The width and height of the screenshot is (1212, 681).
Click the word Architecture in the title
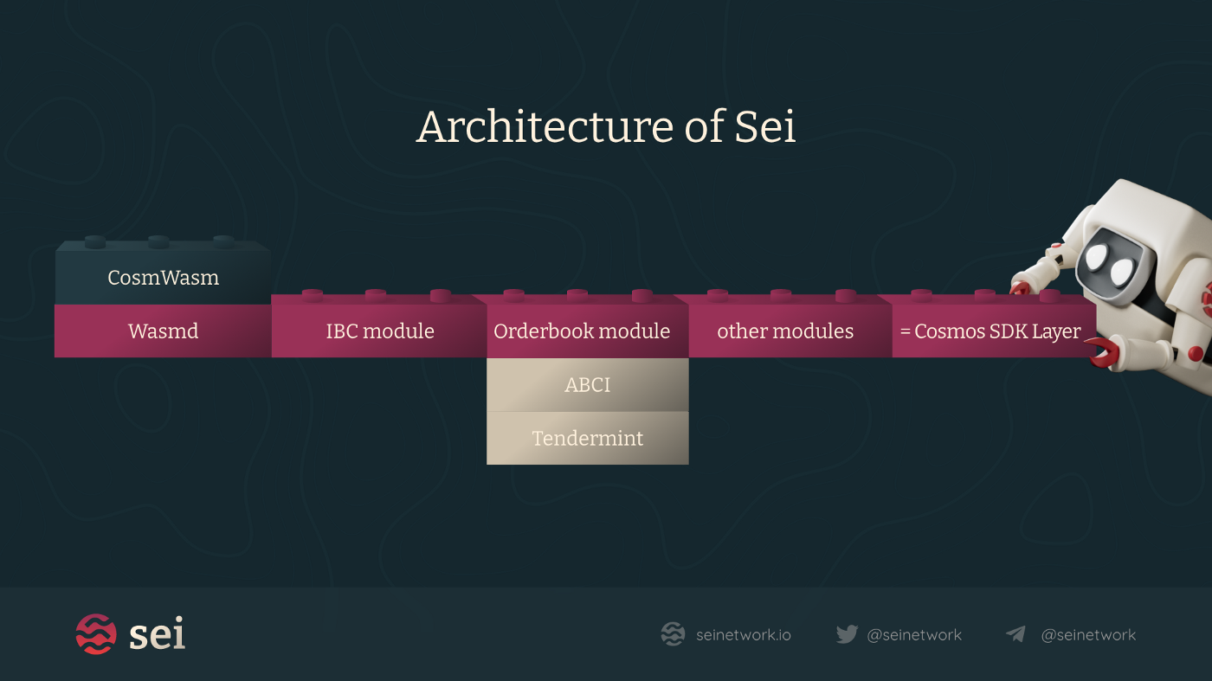coord(545,127)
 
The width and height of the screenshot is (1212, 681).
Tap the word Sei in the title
coord(765,127)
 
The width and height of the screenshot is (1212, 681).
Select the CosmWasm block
coord(163,278)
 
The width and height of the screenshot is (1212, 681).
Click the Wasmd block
coord(163,331)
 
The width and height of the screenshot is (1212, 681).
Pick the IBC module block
coord(379,331)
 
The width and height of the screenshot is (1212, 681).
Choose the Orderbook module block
coord(582,331)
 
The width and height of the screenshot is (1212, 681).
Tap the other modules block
coord(785,331)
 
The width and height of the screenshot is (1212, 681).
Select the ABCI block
coord(587,385)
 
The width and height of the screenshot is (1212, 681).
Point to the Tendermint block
coord(587,439)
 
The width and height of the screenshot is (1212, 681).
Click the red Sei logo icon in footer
coord(95,634)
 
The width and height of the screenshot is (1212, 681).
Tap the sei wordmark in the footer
coord(157,634)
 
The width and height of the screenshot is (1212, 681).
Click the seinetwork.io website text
coord(743,635)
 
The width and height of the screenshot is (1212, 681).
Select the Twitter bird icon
coord(847,634)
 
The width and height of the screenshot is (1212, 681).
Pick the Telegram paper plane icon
coord(1016,634)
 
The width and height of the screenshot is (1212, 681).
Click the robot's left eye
coord(1097,257)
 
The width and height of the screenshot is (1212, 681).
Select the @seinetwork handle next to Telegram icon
coord(1088,635)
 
